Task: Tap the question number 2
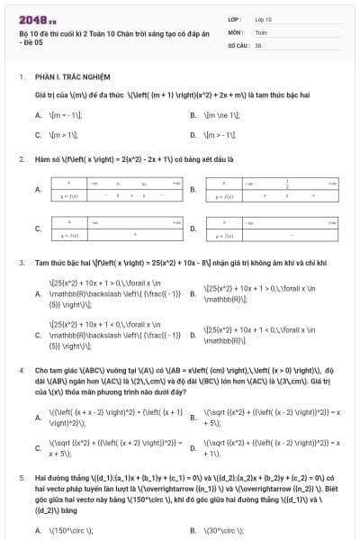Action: click(x=21, y=158)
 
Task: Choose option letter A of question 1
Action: click(x=38, y=115)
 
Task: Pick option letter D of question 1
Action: click(x=193, y=135)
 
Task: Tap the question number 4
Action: click(x=21, y=370)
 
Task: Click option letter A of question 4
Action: click(x=38, y=416)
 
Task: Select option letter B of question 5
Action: click(x=193, y=530)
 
